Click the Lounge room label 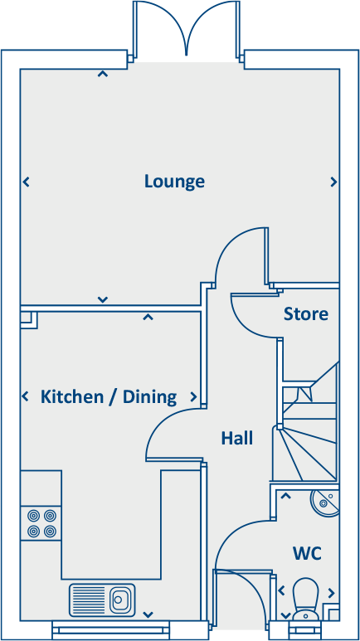pos(174,182)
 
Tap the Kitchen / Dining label pos(109,396)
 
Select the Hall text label pos(236,438)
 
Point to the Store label pos(305,314)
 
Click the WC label pos(306,552)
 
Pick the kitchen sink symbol pos(102,598)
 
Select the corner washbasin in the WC pos(324,502)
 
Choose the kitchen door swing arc pos(171,435)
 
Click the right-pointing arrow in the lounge pos(333,182)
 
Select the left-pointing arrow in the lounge pos(26,182)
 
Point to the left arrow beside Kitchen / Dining pos(26,396)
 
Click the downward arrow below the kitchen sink pos(148,614)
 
